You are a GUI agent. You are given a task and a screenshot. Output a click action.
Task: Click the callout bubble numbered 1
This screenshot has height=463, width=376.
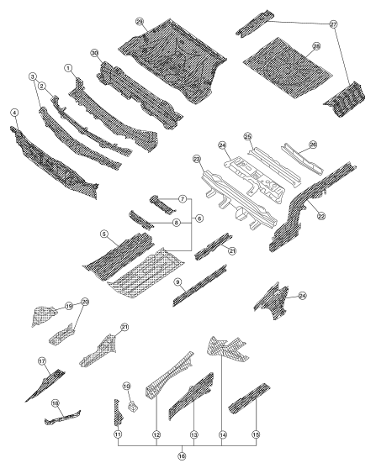pos(68,68)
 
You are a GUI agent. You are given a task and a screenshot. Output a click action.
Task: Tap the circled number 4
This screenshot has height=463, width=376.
pos(14,113)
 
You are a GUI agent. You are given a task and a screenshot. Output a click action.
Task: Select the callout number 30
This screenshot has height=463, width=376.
pos(94,53)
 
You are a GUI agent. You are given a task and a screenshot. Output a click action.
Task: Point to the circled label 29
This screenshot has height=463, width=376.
pos(140,22)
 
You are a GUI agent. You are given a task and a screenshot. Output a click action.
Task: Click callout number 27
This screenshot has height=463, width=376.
pos(333,24)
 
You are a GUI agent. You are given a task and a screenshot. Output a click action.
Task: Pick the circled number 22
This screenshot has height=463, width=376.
pos(321,216)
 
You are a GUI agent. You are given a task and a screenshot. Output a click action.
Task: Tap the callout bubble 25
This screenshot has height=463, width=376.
pos(247,137)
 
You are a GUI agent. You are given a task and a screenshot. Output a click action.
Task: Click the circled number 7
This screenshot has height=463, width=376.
pos(183,199)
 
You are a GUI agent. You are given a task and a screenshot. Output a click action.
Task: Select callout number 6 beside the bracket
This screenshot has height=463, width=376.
pos(199,218)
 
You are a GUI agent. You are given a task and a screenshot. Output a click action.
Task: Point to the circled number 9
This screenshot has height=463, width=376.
pos(177,282)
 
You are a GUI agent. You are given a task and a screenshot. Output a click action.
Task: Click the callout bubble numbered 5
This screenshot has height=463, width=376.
pos(104,234)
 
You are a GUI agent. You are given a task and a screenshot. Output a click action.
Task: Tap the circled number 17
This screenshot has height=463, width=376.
pos(42,360)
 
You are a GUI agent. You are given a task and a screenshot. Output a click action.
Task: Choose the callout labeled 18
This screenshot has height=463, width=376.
pos(56,403)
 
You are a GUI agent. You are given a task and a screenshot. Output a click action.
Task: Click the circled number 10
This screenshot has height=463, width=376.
pos(126,386)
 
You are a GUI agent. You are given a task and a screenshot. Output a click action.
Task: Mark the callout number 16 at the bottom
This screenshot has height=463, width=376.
pos(182,456)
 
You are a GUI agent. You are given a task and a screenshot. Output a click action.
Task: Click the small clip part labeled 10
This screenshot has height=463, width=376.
pos(133,408)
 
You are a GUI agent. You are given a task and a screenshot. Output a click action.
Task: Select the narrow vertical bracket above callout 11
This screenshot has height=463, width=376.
pos(118,413)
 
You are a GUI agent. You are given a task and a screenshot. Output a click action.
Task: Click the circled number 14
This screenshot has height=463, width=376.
pos(223,435)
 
